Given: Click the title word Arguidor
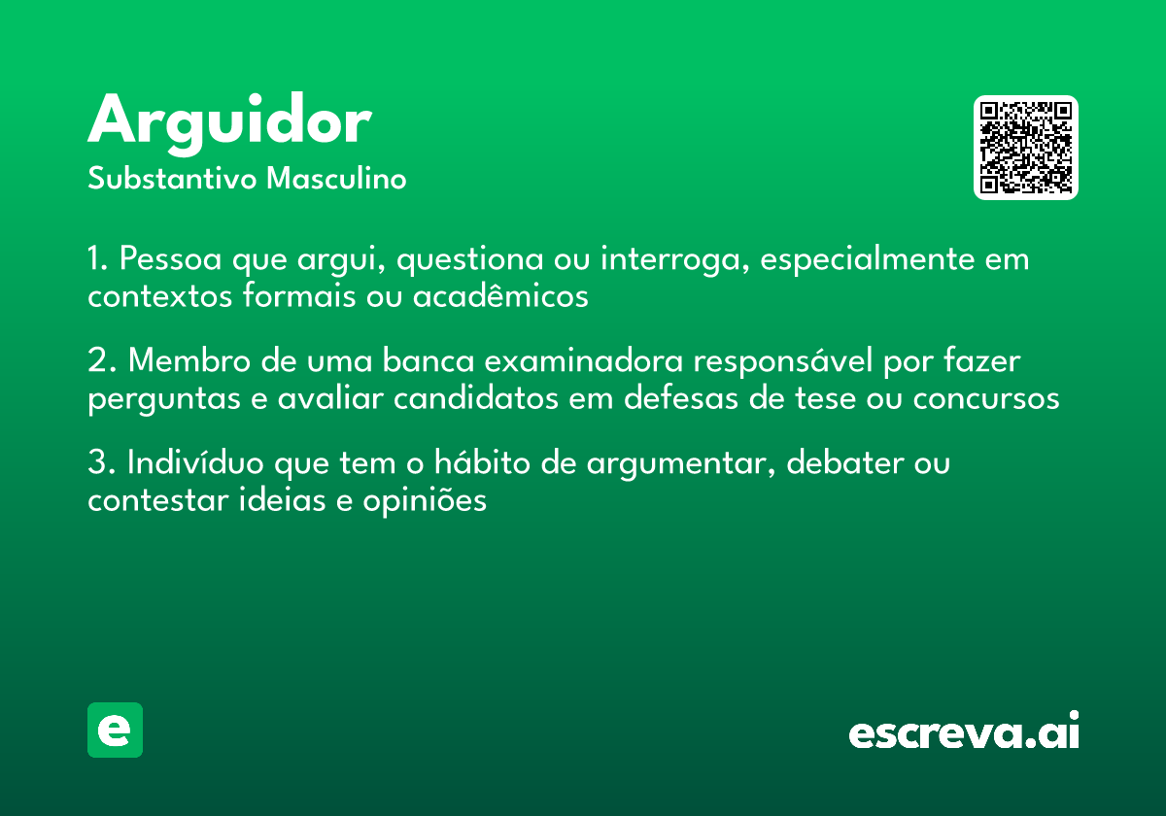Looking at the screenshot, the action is pyautogui.click(x=229, y=124).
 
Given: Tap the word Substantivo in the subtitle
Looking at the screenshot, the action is pyautogui.click(x=172, y=179).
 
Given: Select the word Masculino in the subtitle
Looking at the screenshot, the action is pyautogui.click(x=336, y=179).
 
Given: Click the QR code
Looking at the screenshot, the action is pyautogui.click(x=1025, y=148).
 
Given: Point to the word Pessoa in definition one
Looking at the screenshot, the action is pyautogui.click(x=170, y=258).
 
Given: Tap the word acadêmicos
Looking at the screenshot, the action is pyautogui.click(x=500, y=296).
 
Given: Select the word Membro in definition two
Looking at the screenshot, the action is pyautogui.click(x=189, y=360).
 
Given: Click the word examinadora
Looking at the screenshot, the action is pyautogui.click(x=584, y=360).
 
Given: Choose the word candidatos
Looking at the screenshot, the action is pyautogui.click(x=476, y=398).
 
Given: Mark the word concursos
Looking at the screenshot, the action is pyautogui.click(x=986, y=399).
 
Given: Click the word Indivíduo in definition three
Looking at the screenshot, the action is pyautogui.click(x=195, y=462).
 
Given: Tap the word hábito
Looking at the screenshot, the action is pyautogui.click(x=482, y=462).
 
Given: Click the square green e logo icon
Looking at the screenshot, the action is pyautogui.click(x=115, y=730).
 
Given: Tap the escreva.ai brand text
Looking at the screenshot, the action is pyautogui.click(x=964, y=730).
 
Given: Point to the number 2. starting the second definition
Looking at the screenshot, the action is pyautogui.click(x=102, y=360).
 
